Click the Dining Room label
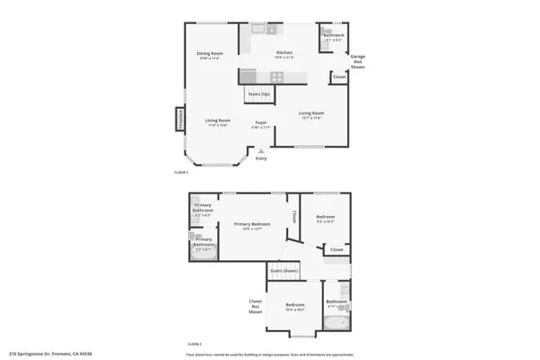[x=211, y=55]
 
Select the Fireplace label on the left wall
[x=180, y=120]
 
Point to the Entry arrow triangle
[x=261, y=152]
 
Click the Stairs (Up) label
[x=258, y=94]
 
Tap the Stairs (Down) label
[x=283, y=270]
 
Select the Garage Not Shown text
[x=357, y=62]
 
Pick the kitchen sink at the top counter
[x=258, y=28]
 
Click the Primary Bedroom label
[x=252, y=224]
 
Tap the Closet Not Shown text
[x=256, y=306]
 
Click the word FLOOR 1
[x=181, y=172]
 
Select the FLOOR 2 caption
[x=194, y=344]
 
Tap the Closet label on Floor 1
[x=339, y=76]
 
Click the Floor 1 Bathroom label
[x=333, y=36]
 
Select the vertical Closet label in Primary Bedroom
[x=294, y=217]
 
